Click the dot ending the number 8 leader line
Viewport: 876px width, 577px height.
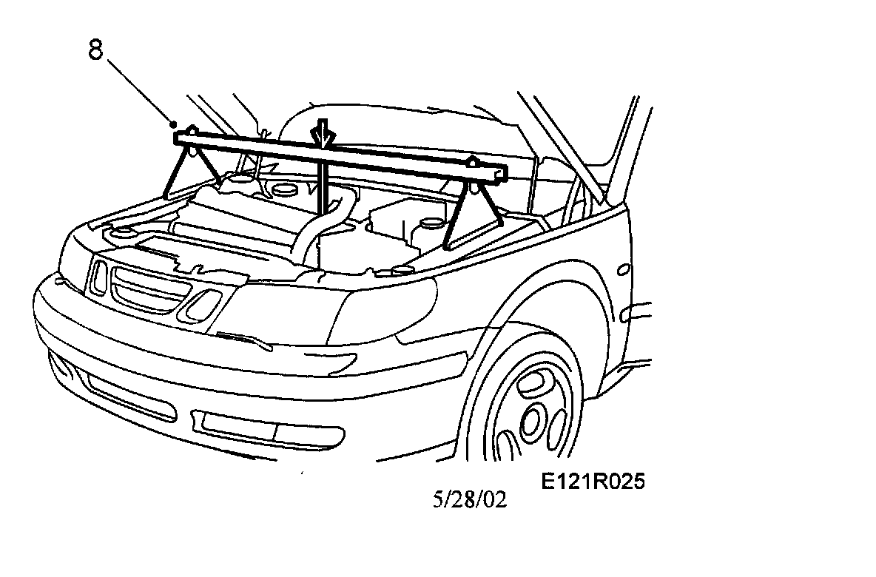174,123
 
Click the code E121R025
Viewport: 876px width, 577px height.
593,482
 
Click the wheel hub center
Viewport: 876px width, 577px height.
531,419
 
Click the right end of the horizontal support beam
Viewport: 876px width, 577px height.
502,172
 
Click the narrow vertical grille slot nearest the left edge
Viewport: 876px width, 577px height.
97,275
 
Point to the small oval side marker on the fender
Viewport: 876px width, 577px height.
625,269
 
